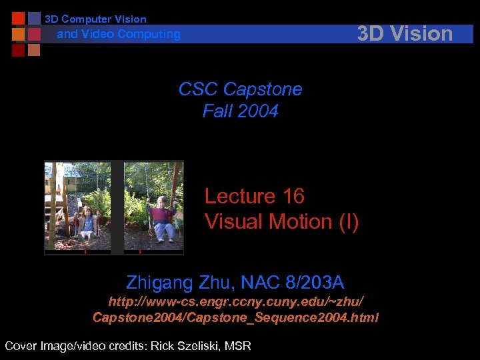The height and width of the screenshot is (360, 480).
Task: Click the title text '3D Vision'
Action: point(405,33)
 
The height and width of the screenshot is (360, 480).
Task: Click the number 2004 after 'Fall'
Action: point(259,111)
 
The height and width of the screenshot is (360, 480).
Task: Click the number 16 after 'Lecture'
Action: point(293,196)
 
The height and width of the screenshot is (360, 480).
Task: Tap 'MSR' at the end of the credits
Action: point(237,345)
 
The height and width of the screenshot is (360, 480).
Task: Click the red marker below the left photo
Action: point(85,252)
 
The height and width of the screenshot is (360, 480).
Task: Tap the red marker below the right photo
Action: point(140,252)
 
